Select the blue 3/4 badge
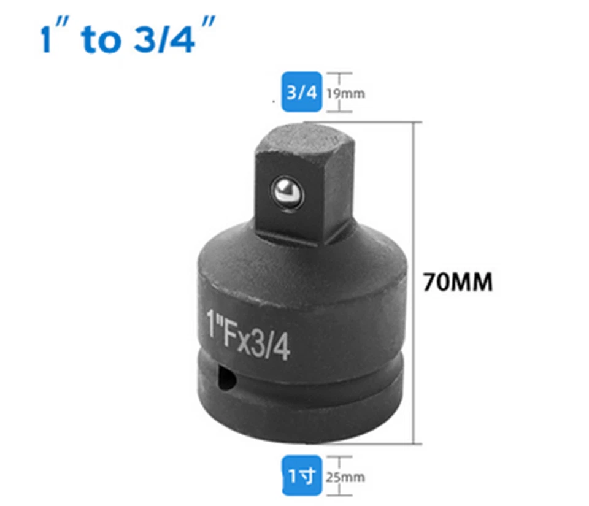tap(301, 93)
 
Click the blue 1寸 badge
tap(301, 475)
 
